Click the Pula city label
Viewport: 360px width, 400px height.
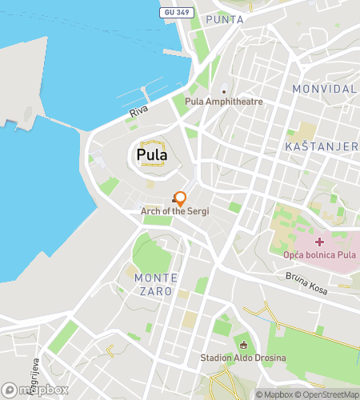click(152, 153)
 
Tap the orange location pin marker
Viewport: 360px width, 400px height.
click(181, 198)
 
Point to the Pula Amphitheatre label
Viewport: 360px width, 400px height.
click(223, 102)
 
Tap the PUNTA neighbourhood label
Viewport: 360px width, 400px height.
click(225, 19)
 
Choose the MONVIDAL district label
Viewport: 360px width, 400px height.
click(324, 88)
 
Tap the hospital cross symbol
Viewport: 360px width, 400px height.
click(319, 242)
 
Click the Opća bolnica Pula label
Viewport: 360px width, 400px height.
click(319, 254)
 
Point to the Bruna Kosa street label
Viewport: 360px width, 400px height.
click(306, 284)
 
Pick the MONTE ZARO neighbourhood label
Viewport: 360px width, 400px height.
click(154, 284)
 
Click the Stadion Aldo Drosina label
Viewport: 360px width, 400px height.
click(244, 358)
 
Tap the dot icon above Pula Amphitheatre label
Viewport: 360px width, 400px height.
click(224, 91)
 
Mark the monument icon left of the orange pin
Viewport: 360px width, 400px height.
click(174, 200)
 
